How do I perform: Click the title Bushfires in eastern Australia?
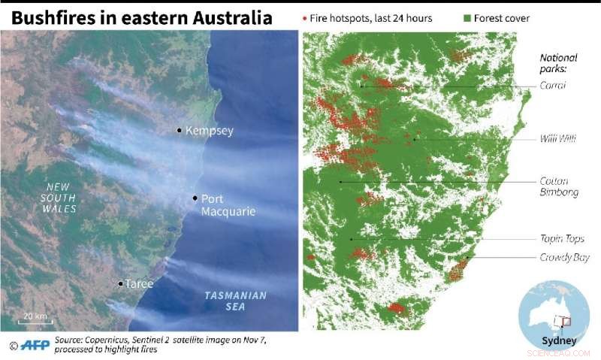click(141, 17)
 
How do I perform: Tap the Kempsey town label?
click(209, 131)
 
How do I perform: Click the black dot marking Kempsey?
click(179, 130)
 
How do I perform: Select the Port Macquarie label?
click(228, 205)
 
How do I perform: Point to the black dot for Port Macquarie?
click(195, 198)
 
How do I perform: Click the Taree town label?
click(139, 284)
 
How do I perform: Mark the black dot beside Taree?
click(120, 283)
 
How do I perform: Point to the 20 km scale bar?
click(35, 321)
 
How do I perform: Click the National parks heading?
click(558, 63)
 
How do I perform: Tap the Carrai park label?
click(552, 85)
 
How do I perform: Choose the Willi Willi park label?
click(557, 139)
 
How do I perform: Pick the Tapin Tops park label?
click(560, 239)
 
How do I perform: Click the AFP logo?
click(32, 346)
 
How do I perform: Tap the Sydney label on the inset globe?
click(557, 340)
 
